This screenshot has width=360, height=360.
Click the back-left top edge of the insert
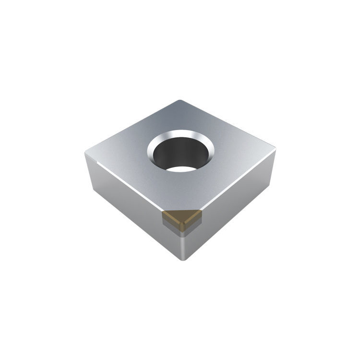pyautogui.click(x=132, y=127)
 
